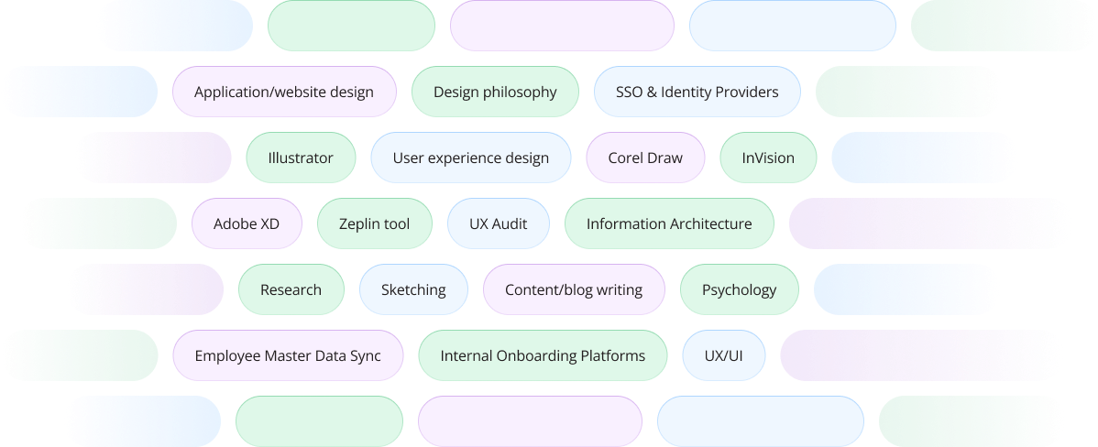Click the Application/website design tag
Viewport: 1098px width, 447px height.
(284, 92)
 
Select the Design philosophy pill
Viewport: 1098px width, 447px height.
(495, 92)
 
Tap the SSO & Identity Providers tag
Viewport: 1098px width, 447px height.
(697, 92)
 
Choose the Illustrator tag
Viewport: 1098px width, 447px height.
(301, 158)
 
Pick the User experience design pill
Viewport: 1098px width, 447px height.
(470, 158)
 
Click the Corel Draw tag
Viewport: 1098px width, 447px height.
(645, 158)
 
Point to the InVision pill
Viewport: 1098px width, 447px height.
(768, 158)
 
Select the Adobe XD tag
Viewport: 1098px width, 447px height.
(247, 223)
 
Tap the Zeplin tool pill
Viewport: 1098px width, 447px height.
(374, 223)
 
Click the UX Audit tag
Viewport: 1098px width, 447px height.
(499, 223)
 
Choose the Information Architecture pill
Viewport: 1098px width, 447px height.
(669, 223)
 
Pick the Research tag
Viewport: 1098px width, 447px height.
(291, 289)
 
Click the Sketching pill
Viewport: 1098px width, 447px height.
(413, 289)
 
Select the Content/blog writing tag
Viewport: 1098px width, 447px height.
(574, 289)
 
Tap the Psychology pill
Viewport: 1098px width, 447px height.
(739, 289)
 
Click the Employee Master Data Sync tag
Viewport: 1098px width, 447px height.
(288, 355)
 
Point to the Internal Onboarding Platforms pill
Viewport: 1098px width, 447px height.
(543, 355)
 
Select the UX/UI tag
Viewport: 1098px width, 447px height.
(723, 355)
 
